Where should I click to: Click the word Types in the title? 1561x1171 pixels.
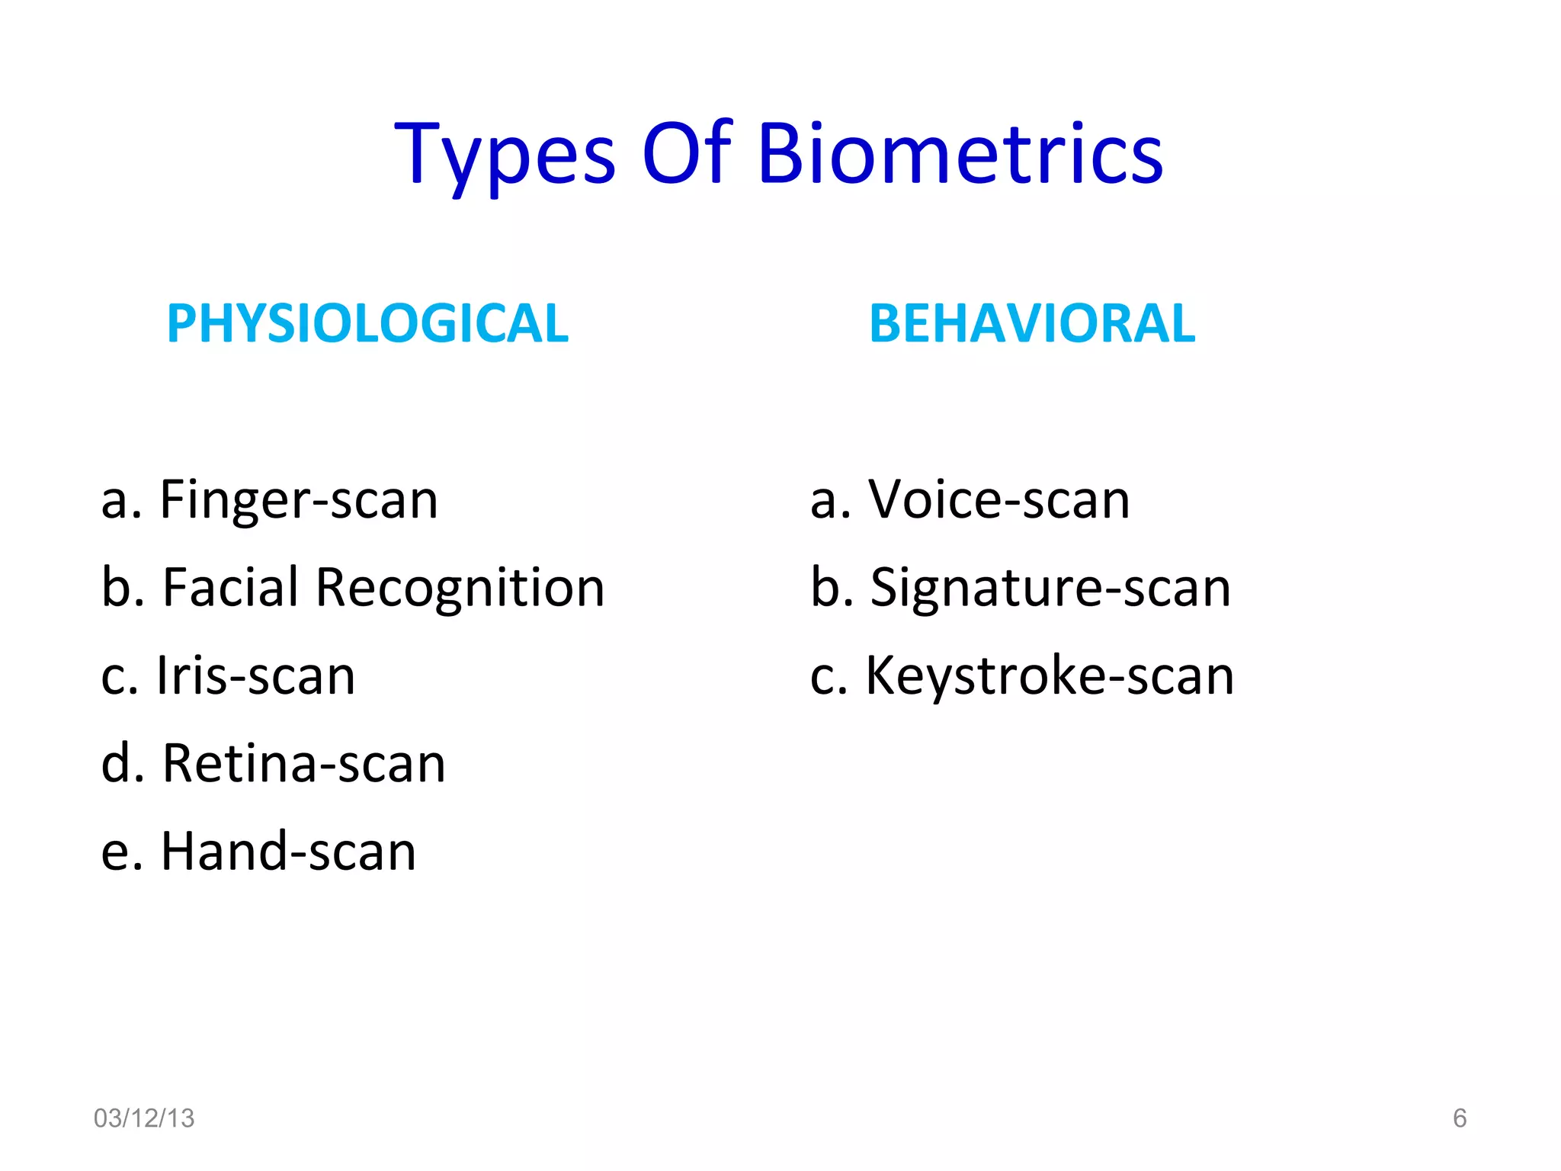click(505, 156)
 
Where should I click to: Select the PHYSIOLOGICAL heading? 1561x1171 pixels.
click(367, 323)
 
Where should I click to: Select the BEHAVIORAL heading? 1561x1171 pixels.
click(1032, 323)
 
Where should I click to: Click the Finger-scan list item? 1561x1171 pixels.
click(299, 501)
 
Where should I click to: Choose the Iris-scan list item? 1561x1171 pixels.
click(255, 676)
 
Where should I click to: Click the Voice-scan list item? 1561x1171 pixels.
click(998, 501)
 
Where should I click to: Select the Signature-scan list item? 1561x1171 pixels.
click(1050, 589)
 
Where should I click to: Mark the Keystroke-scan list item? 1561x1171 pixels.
click(1050, 676)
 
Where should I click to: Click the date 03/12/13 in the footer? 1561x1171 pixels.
click(144, 1118)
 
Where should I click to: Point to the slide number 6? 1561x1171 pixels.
click(1460, 1118)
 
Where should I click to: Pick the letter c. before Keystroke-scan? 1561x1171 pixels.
click(829, 678)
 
